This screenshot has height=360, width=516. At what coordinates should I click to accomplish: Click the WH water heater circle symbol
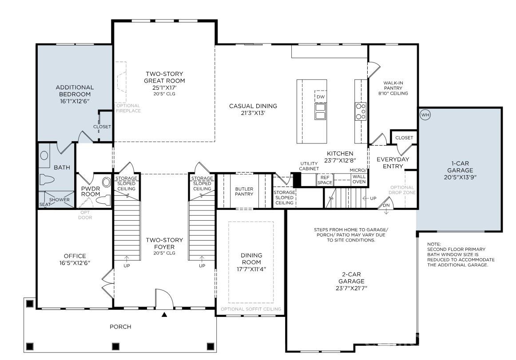(x=425, y=115)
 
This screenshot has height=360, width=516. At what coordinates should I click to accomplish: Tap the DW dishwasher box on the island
(x=321, y=96)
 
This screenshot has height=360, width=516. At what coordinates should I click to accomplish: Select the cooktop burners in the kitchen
(x=361, y=111)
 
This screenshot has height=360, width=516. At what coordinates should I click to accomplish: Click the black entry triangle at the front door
(x=164, y=315)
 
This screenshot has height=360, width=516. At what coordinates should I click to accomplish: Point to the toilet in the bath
(x=46, y=180)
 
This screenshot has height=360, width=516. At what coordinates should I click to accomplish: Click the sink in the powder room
(x=106, y=182)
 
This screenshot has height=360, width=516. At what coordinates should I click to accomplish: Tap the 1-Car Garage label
(x=460, y=170)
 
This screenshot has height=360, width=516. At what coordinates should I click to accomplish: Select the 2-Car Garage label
(x=351, y=281)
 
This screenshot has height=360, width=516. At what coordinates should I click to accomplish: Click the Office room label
(x=75, y=259)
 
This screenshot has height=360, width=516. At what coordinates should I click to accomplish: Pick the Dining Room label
(x=251, y=262)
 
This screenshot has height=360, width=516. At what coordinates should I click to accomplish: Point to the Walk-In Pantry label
(x=393, y=88)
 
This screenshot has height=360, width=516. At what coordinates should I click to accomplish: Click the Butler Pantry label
(x=244, y=191)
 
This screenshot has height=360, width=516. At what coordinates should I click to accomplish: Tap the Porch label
(x=120, y=326)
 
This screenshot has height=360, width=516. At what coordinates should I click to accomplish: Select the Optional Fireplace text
(x=128, y=108)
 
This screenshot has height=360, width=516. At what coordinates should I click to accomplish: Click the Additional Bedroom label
(x=75, y=94)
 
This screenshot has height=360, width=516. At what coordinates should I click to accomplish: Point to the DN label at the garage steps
(x=386, y=206)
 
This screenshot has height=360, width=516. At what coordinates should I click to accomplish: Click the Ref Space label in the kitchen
(x=325, y=180)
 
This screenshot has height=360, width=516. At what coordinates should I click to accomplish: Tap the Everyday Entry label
(x=393, y=162)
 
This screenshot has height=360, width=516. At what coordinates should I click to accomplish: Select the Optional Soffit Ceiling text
(x=251, y=309)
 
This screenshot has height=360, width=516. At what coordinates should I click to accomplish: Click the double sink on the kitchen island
(x=321, y=111)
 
